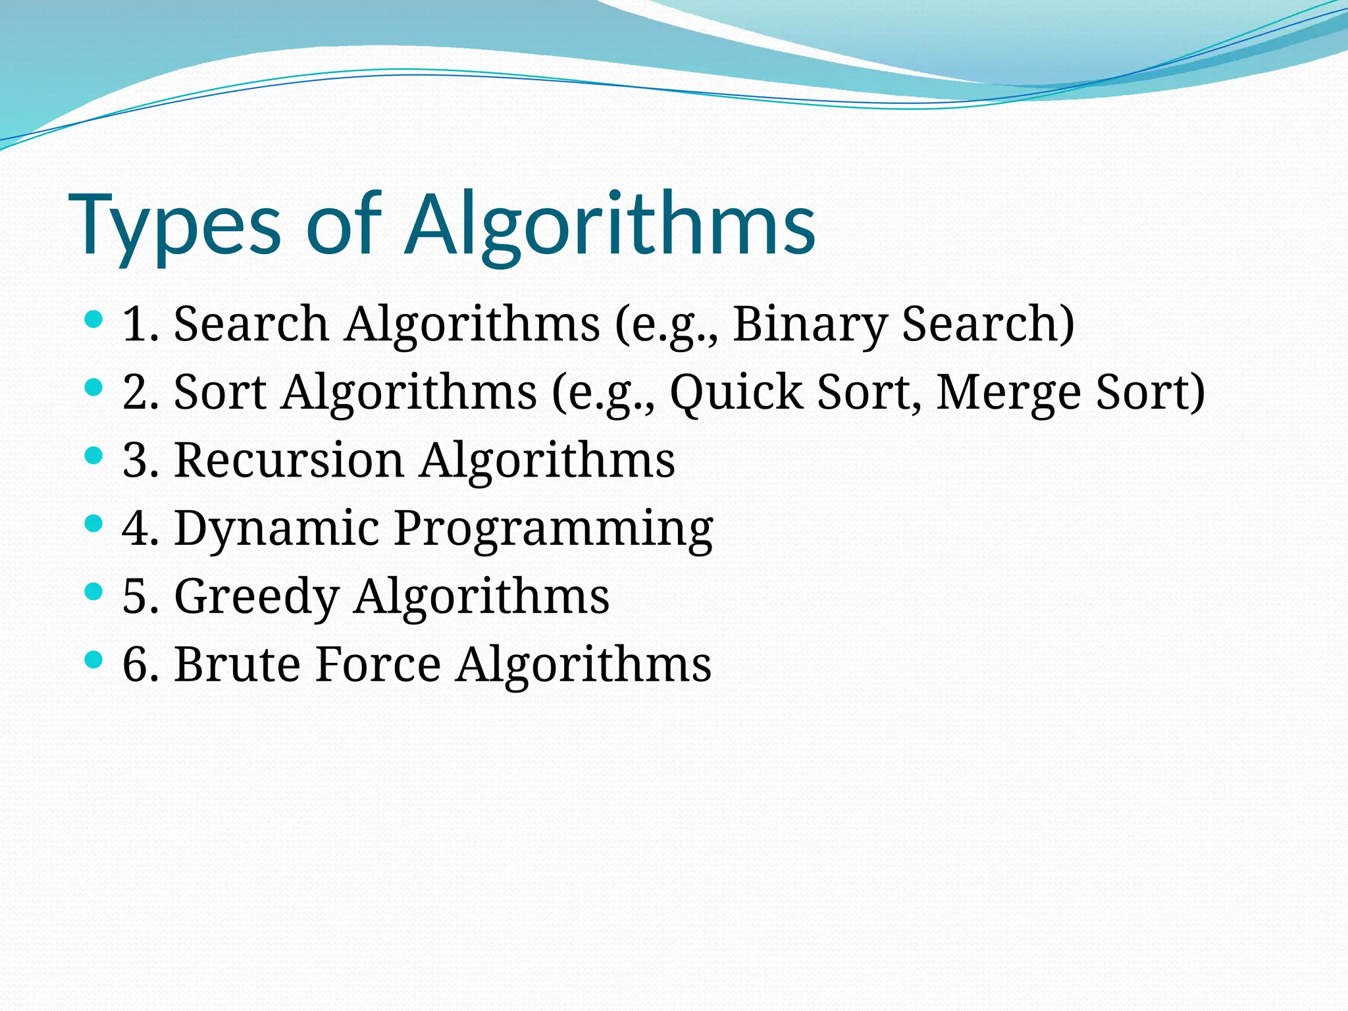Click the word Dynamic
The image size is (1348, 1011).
pyautogui.click(x=276, y=529)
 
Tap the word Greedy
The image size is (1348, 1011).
pyautogui.click(x=257, y=597)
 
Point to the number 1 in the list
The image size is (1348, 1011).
pyautogui.click(x=134, y=324)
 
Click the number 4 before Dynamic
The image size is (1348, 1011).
pyautogui.click(x=134, y=528)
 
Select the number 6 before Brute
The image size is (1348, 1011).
pyautogui.click(x=134, y=663)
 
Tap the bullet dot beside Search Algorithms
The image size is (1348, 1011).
pyautogui.click(x=94, y=320)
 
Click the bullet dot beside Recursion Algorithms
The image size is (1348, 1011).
pyautogui.click(x=94, y=455)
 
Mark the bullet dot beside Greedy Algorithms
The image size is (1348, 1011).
pyautogui.click(x=94, y=591)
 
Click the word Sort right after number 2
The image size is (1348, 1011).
pyautogui.click(x=220, y=392)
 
